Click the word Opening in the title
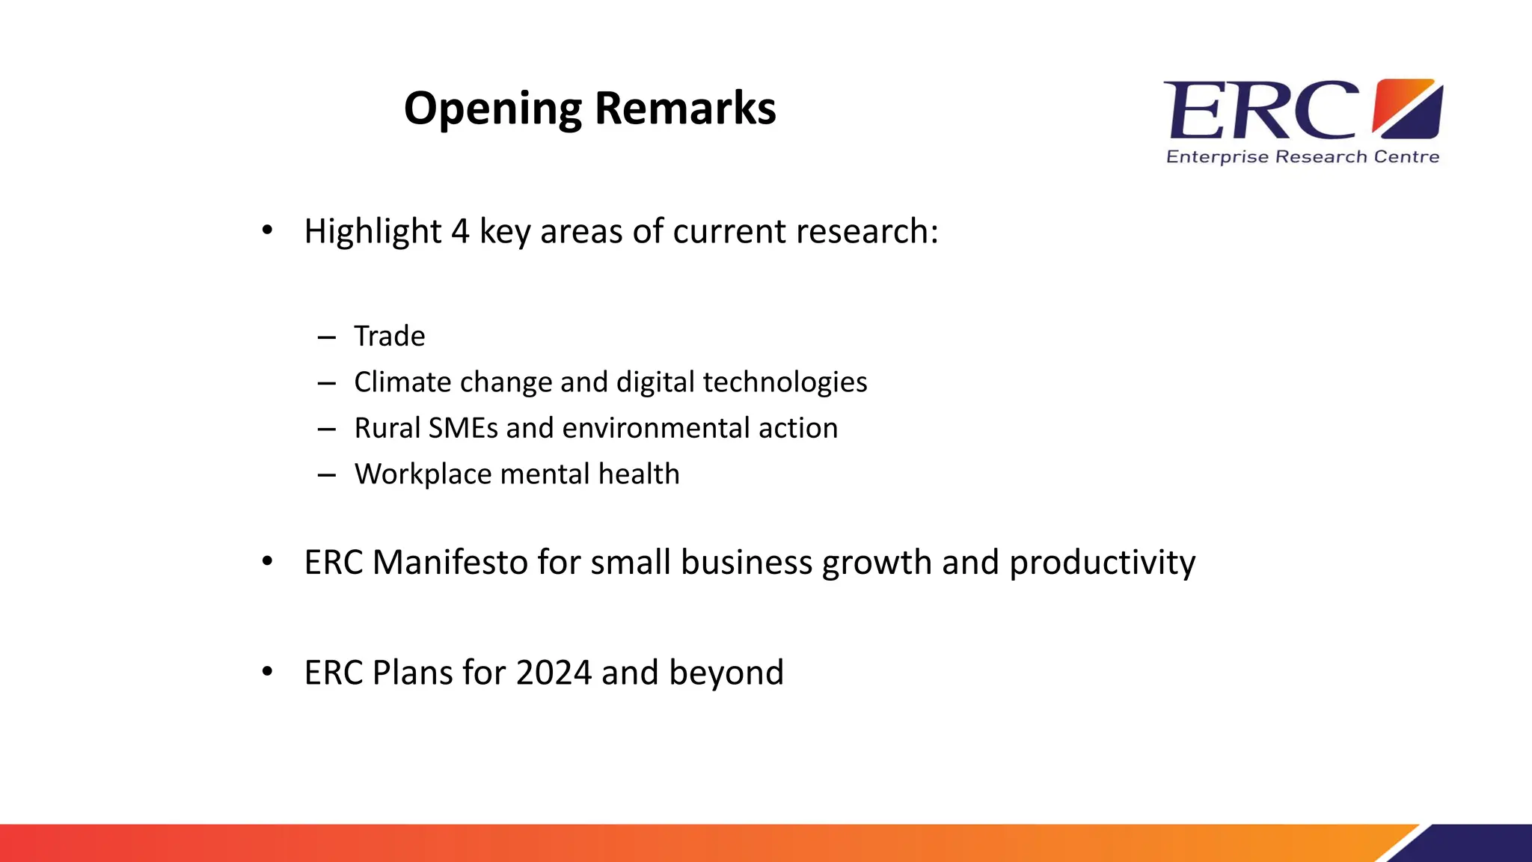[492, 109]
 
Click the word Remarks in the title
[685, 109]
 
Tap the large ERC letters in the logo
[1261, 111]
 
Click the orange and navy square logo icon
[1408, 109]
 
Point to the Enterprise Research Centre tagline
[1302, 157]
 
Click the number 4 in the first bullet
[460, 231]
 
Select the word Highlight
[373, 231]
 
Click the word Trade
[389, 336]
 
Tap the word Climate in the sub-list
[402, 382]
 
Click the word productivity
[1102, 563]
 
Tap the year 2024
[554, 673]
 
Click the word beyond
[726, 673]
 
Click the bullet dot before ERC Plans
[267, 671]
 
